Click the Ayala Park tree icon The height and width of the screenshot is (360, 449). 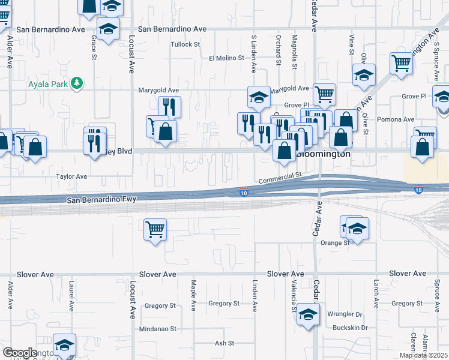click(x=77, y=83)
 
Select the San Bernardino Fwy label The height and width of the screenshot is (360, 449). click(x=101, y=199)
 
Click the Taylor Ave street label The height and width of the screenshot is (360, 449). click(x=71, y=176)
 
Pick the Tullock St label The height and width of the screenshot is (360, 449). click(x=185, y=44)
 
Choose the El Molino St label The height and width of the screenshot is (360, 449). click(x=226, y=58)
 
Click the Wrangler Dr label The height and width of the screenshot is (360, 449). click(x=345, y=314)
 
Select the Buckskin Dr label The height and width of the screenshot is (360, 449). click(x=348, y=328)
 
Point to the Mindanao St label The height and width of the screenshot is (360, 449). click(x=158, y=329)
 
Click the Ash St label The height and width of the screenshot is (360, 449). click(x=224, y=343)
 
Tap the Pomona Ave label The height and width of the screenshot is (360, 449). click(x=400, y=119)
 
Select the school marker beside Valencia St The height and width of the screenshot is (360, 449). click(x=308, y=314)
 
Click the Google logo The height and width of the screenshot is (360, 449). click(x=20, y=353)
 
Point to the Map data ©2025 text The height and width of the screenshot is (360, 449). click(x=423, y=355)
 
